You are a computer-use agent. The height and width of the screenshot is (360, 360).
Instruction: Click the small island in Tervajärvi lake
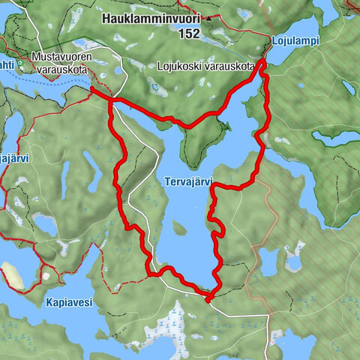pos(178,227)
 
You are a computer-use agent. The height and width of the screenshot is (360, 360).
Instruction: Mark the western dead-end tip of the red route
pos(91,88)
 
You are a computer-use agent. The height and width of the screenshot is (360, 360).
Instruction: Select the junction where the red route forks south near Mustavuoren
pos(112,100)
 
